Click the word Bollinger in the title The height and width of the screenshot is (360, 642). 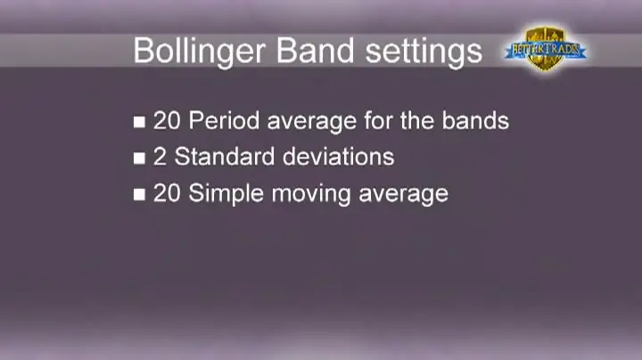point(200,52)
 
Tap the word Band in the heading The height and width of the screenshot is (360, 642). point(315,50)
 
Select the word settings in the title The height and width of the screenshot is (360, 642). point(424,52)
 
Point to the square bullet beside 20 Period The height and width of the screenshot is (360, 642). point(139,122)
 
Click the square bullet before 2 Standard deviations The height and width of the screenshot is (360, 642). point(139,159)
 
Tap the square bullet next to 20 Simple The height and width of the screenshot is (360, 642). point(139,194)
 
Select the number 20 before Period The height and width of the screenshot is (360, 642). point(167,121)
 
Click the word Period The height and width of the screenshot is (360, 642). point(224,121)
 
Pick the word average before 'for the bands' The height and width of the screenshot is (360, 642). point(312,122)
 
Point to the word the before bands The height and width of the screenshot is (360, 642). point(416,120)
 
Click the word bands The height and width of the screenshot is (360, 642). point(475,120)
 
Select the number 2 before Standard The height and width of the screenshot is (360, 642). point(160,157)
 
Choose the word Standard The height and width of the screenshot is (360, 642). point(225,157)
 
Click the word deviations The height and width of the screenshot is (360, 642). point(339,157)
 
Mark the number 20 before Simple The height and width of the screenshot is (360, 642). point(167,193)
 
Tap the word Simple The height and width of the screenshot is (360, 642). point(226,194)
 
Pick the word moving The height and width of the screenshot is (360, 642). point(311,195)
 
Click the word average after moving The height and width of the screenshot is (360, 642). point(404,195)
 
